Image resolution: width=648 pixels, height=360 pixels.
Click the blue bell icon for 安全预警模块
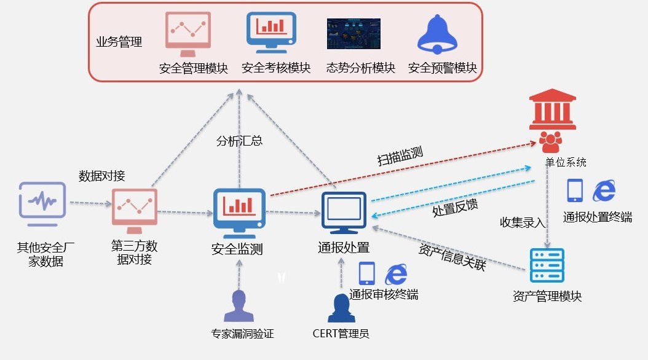pyautogui.click(x=437, y=34)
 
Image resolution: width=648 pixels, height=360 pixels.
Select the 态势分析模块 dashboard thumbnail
pyautogui.click(x=353, y=33)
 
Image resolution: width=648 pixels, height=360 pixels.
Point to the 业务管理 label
pyautogui.click(x=119, y=42)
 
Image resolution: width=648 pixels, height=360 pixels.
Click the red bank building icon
pyautogui.click(x=553, y=111)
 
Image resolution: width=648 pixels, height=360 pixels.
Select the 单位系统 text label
pyautogui.click(x=566, y=162)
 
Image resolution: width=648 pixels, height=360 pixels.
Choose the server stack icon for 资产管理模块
pyautogui.click(x=547, y=265)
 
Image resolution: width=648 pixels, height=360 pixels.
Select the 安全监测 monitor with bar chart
pyautogui.click(x=239, y=212)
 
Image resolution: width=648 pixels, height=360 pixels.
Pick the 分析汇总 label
pyautogui.click(x=239, y=141)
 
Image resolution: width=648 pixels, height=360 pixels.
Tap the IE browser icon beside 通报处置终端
pyautogui.click(x=604, y=191)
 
